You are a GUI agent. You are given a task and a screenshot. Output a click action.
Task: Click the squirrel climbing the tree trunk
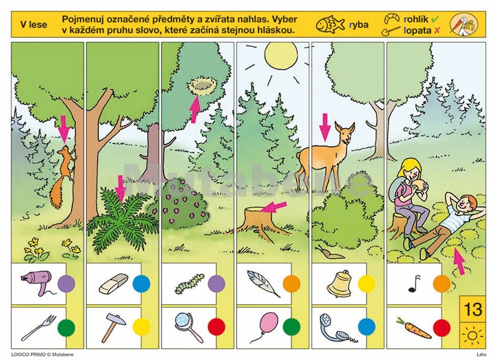[x=63, y=175]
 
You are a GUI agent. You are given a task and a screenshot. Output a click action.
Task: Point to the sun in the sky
[x=281, y=55]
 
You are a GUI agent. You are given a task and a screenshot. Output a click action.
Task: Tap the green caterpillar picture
[x=189, y=284]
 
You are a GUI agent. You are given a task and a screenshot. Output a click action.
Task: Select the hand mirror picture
[x=189, y=328]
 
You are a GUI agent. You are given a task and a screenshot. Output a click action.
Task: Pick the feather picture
[x=262, y=284]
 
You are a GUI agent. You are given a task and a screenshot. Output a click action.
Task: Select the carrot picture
[x=413, y=327]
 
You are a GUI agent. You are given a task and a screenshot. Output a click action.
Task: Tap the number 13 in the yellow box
[x=473, y=309]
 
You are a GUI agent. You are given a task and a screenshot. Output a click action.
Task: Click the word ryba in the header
[x=358, y=25]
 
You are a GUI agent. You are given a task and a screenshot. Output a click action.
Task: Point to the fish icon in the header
[x=331, y=24]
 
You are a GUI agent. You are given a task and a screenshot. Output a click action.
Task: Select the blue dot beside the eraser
[x=141, y=284]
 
